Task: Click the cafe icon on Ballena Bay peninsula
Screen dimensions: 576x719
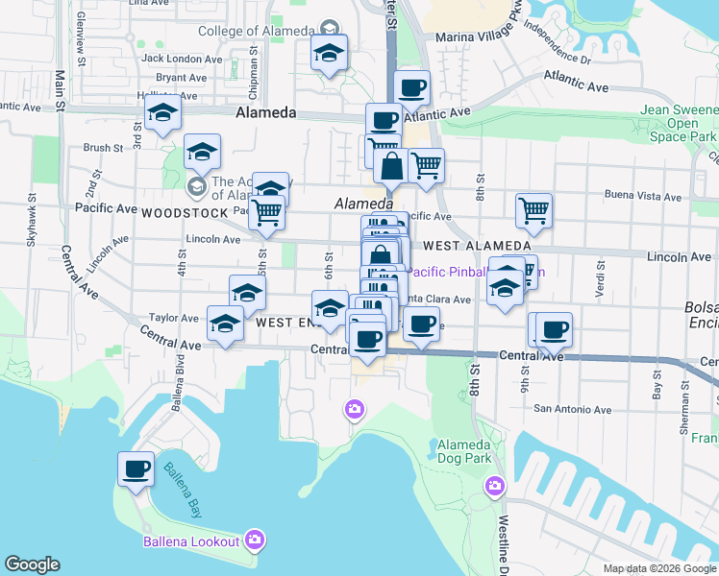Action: pyautogui.click(x=136, y=469)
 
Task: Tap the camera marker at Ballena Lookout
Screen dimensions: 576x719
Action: pyautogui.click(x=255, y=540)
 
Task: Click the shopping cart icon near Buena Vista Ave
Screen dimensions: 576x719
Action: pyautogui.click(x=533, y=210)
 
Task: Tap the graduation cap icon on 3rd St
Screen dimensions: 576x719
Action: pyautogui.click(x=162, y=115)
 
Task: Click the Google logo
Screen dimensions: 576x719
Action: pyautogui.click(x=32, y=564)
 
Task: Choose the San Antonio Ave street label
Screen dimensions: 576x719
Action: pyautogui.click(x=572, y=410)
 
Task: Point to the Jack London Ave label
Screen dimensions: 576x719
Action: pyautogui.click(x=174, y=58)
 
